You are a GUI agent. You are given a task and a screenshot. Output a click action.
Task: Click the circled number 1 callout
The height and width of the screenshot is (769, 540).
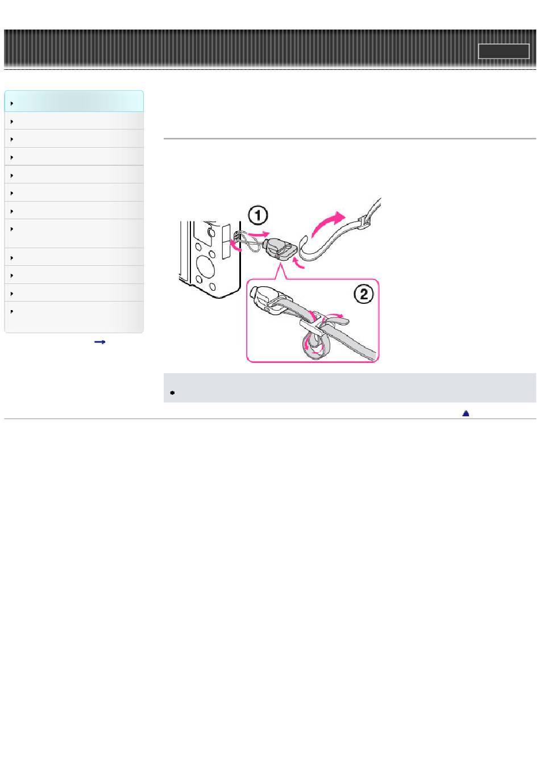[257, 216]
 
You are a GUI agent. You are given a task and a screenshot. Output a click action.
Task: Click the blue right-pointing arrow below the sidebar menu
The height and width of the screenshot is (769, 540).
[99, 341]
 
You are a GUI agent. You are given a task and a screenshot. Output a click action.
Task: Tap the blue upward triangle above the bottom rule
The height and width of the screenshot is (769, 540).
[466, 413]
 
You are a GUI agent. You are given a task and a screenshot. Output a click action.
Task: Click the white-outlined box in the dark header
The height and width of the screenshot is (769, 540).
[504, 51]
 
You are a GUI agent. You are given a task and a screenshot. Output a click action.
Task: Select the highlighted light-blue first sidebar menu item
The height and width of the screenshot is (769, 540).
[74, 101]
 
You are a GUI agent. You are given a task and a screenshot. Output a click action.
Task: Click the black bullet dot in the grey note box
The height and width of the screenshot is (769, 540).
[172, 392]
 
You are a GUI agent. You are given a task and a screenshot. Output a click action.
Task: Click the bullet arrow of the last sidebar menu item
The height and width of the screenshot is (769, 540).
[12, 311]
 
